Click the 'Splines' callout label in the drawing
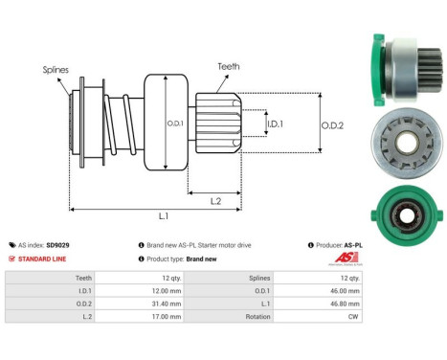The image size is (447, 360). (55, 69)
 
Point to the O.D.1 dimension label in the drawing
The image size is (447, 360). (174, 122)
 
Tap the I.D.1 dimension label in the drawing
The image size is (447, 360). (275, 124)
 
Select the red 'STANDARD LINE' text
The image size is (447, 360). (44, 259)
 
